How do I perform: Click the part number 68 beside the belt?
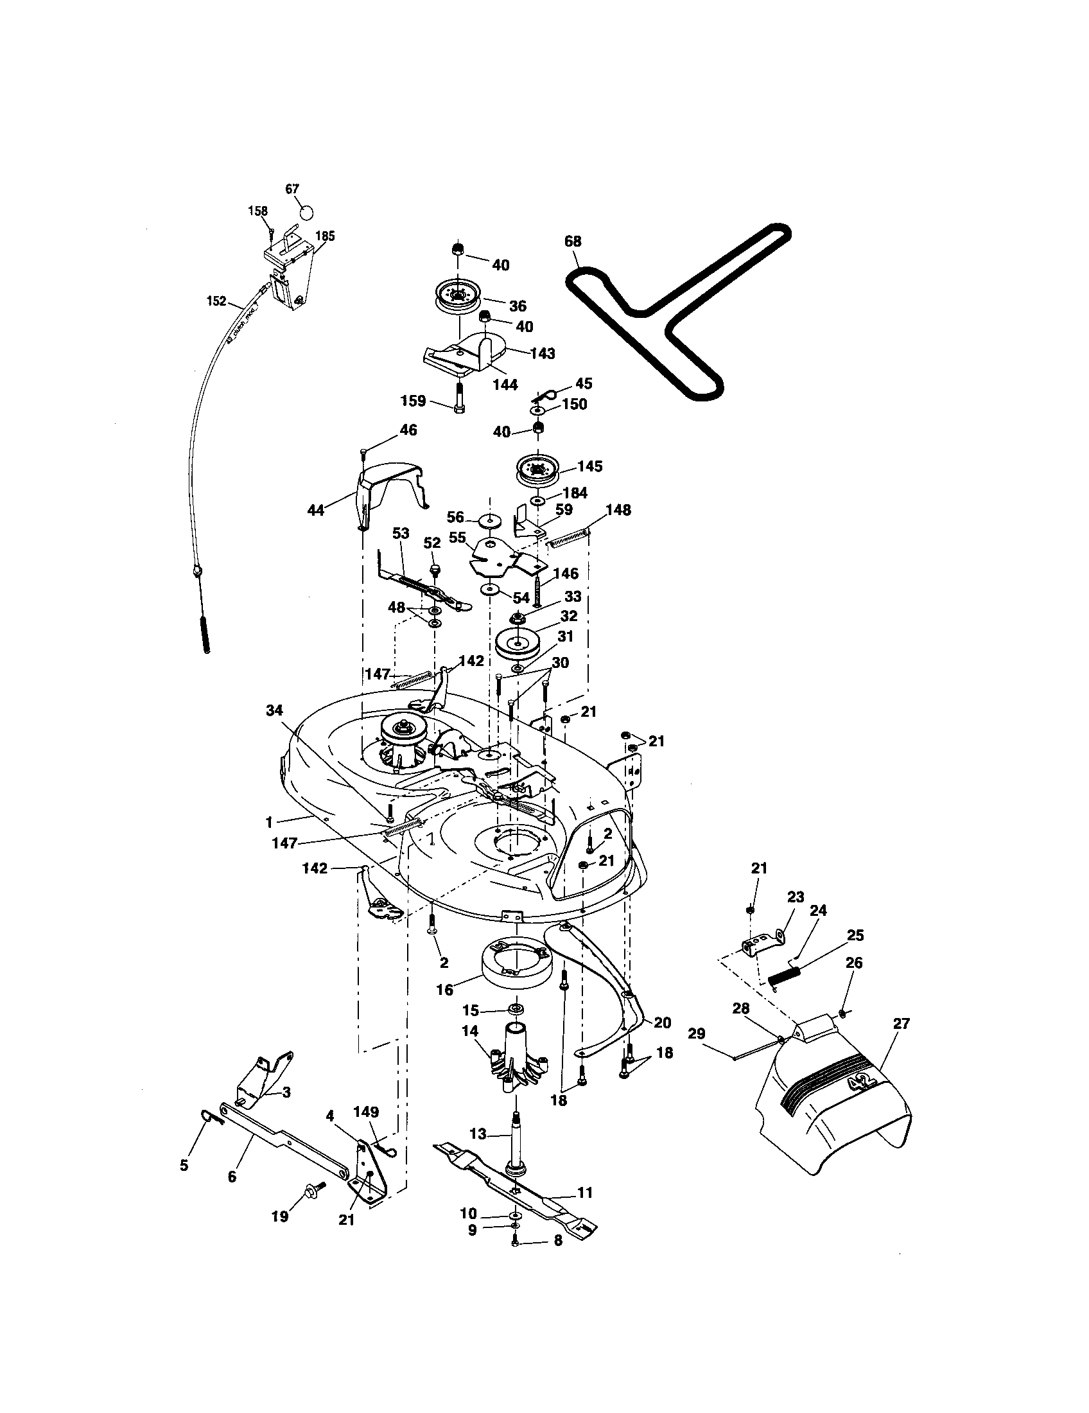572,241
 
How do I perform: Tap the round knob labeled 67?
306,212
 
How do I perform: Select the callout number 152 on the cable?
216,301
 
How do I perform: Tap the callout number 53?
401,533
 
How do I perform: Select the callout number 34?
274,710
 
